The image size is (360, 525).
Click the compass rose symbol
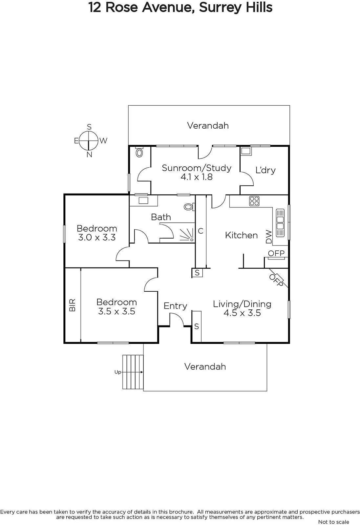pyautogui.click(x=89, y=140)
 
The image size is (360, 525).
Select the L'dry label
pyautogui.click(x=265, y=170)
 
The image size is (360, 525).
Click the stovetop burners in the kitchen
pyautogui.click(x=254, y=200)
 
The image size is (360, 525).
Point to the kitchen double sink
pyautogui.click(x=280, y=222)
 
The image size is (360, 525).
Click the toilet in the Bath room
pyautogui.click(x=188, y=207)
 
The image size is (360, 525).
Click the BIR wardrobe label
pyautogui.click(x=73, y=305)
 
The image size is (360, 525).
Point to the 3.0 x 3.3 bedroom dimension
pyautogui.click(x=97, y=237)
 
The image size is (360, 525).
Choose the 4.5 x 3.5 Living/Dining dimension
pyautogui.click(x=242, y=313)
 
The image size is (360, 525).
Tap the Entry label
pyautogui.click(x=175, y=306)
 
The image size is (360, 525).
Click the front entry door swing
pyautogui.click(x=177, y=320)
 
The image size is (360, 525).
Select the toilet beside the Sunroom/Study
pyautogui.click(x=139, y=152)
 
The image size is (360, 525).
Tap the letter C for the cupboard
pyautogui.click(x=201, y=231)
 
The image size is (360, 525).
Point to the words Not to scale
pyautogui.click(x=333, y=522)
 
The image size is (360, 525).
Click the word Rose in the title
pyautogui.click(x=121, y=7)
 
